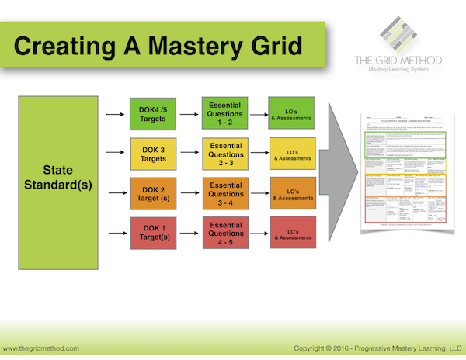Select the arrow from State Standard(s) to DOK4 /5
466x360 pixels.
(114, 116)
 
